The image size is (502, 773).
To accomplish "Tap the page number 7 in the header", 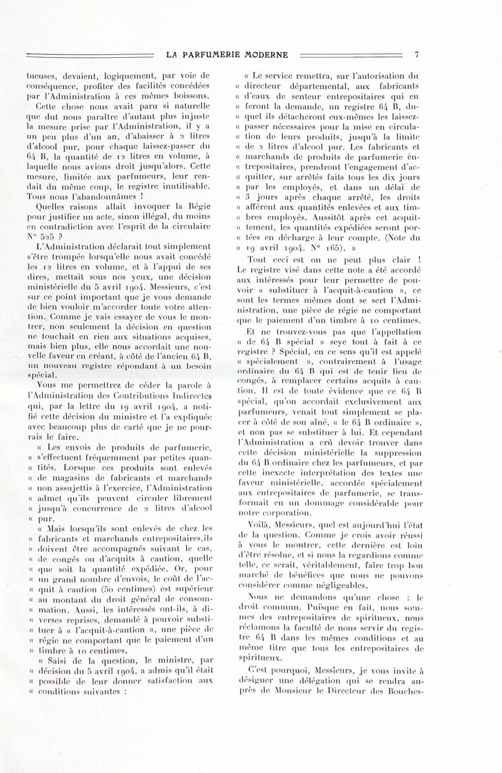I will (x=415, y=55).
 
